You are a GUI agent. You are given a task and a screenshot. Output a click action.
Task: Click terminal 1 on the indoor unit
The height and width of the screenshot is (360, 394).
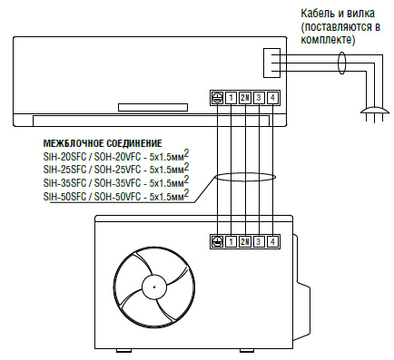[231, 98]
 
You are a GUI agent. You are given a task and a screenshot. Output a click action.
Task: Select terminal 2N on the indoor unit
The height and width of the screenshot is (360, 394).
[245, 98]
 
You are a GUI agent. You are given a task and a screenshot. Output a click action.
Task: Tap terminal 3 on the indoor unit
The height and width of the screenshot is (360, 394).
[259, 98]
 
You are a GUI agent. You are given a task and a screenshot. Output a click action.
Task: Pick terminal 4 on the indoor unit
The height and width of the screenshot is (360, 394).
[272, 98]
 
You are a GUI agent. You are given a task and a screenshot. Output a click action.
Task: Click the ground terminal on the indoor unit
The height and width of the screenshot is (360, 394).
[217, 98]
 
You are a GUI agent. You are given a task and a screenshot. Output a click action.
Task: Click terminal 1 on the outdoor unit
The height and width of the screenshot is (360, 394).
[231, 241]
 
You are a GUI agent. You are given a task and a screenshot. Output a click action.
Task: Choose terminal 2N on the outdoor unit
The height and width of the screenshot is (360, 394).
[245, 241]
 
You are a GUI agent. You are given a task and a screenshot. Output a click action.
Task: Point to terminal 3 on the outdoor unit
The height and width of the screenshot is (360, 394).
[259, 241]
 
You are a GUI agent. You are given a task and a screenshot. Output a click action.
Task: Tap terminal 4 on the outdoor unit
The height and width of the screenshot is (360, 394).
[272, 241]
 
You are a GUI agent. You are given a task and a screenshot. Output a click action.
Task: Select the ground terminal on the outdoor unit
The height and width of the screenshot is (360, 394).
[217, 241]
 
